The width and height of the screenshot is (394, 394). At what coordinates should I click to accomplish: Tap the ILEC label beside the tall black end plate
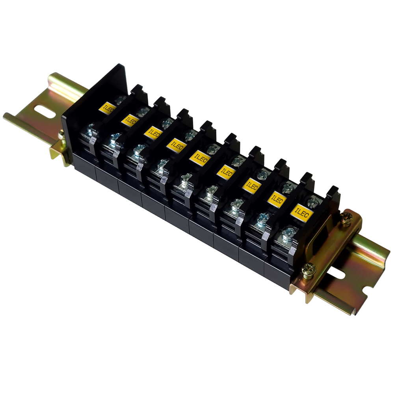[x=108, y=108]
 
